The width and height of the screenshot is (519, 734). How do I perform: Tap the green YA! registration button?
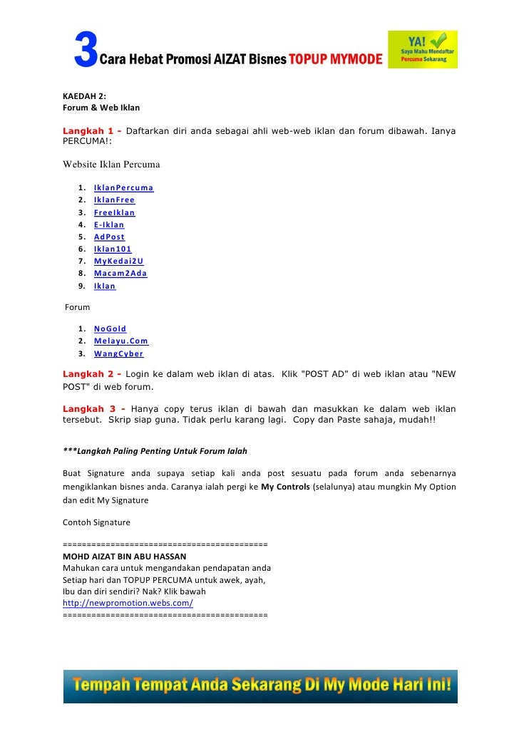[x=422, y=49]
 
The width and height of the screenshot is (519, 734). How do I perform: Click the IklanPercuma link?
[x=123, y=188]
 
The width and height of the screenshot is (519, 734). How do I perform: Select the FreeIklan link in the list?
[x=114, y=212]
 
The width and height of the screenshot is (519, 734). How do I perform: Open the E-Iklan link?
[x=109, y=224]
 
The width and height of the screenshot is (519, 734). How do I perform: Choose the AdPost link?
[x=109, y=237]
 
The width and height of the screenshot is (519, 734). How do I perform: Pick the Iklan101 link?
[x=113, y=249]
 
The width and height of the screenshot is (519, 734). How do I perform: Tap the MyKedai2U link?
[x=118, y=261]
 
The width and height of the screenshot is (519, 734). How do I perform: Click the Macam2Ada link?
[x=120, y=273]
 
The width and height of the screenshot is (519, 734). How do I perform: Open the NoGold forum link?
[x=110, y=329]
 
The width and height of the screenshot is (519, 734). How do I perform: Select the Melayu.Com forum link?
[x=120, y=341]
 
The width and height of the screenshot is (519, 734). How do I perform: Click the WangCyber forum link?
[x=118, y=353]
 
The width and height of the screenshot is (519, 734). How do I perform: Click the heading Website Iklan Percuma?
[x=111, y=165]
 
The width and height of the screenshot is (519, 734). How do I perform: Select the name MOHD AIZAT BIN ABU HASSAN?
[x=125, y=556]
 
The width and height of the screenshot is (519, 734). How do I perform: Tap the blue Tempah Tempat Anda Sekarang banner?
[x=260, y=686]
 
